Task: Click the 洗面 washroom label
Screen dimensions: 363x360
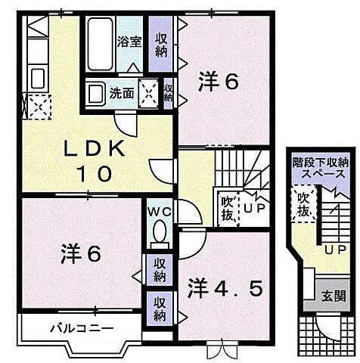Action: point(122,95)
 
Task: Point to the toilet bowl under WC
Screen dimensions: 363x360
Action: point(160,231)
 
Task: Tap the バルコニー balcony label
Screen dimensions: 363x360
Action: point(83,329)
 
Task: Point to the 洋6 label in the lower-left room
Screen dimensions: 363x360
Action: point(79,253)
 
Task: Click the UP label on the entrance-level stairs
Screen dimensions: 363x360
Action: point(332,250)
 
